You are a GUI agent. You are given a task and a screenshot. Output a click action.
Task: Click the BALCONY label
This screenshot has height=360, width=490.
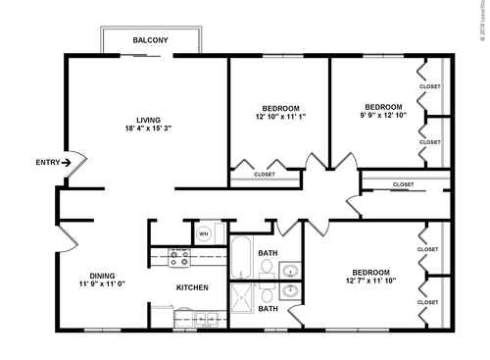click(x=150, y=40)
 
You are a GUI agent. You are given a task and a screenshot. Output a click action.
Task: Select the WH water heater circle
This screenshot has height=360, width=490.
click(x=204, y=233)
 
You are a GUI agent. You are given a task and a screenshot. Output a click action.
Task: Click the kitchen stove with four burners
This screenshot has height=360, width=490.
click(x=179, y=259)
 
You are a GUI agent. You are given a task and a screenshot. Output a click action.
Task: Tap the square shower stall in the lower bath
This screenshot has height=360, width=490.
click(x=241, y=297)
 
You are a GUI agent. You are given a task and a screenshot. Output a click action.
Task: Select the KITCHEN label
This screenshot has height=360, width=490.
click(x=192, y=287)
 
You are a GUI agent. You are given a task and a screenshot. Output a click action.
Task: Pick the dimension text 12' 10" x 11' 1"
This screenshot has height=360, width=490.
click(x=280, y=117)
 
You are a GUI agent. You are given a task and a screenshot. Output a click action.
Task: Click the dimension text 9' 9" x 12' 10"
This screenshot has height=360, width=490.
click(x=383, y=117)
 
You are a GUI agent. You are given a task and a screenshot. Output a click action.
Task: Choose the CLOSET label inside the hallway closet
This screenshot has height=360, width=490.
click(x=403, y=184)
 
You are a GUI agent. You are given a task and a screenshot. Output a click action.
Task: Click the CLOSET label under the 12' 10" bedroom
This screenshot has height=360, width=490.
click(x=265, y=175)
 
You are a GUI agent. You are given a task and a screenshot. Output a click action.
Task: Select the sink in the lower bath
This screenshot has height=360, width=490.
click(x=290, y=291)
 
